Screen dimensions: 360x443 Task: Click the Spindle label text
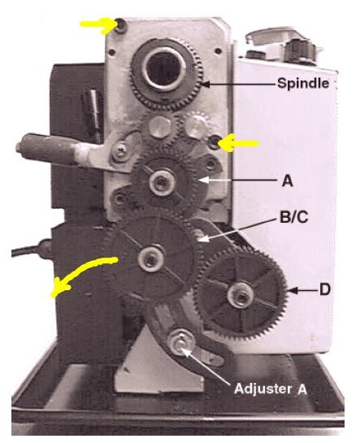(x=303, y=84)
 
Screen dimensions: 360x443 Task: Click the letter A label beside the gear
(x=288, y=181)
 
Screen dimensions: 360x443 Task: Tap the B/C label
(x=293, y=217)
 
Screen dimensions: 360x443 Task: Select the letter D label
(x=325, y=289)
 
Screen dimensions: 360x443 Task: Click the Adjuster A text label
(x=271, y=389)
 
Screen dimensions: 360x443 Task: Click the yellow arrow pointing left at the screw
(x=238, y=143)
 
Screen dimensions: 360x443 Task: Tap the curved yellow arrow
(x=82, y=274)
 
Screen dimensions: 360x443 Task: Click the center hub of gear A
(x=161, y=181)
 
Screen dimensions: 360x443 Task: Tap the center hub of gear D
(x=241, y=296)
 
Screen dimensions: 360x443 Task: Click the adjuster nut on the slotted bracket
(x=180, y=343)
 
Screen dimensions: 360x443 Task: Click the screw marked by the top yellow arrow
(x=122, y=25)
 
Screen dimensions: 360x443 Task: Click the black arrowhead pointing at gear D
(x=293, y=290)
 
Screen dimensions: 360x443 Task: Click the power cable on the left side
(x=31, y=250)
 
